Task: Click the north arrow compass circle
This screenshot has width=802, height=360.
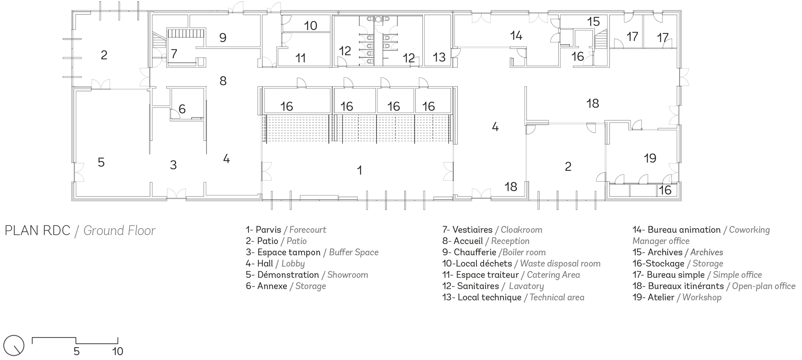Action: click(x=14, y=345)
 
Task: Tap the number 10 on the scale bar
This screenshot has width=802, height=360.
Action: click(x=117, y=352)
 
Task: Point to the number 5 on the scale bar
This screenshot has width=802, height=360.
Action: click(x=77, y=352)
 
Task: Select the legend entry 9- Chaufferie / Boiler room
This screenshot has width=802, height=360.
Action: click(x=494, y=253)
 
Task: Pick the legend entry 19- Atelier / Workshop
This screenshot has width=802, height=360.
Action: click(x=676, y=297)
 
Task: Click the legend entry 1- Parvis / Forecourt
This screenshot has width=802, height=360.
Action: click(x=286, y=230)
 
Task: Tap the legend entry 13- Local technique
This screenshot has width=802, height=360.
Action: click(x=513, y=297)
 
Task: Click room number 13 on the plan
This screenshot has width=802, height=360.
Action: click(x=439, y=57)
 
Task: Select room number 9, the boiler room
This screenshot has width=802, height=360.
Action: click(x=223, y=38)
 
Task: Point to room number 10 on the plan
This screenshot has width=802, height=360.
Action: click(x=310, y=26)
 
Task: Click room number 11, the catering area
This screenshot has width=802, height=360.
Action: click(x=300, y=58)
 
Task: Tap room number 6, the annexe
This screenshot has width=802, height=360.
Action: click(x=182, y=109)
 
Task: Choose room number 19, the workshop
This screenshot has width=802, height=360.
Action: click(x=650, y=158)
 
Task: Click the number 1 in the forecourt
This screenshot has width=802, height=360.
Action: click(x=359, y=170)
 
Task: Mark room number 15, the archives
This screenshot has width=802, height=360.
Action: click(x=593, y=22)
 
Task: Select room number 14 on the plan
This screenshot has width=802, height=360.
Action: click(x=516, y=36)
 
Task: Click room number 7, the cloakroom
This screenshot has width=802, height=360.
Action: click(x=174, y=54)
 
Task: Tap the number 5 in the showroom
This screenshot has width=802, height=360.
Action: click(x=101, y=162)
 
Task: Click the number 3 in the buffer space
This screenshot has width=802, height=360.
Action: click(x=173, y=165)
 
